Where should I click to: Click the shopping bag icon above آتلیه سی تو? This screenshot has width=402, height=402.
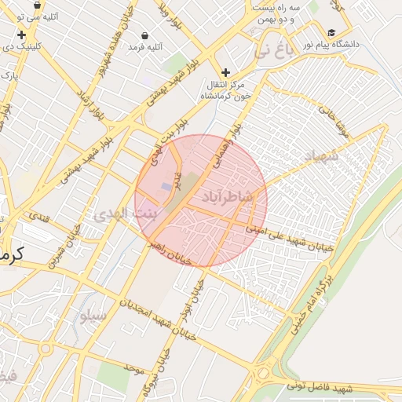(37, 5)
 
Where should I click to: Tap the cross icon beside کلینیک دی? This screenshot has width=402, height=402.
(20, 35)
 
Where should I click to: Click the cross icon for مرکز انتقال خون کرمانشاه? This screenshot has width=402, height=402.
(226, 72)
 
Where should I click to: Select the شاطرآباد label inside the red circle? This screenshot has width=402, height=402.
(227, 197)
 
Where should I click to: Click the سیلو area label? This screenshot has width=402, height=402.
(93, 316)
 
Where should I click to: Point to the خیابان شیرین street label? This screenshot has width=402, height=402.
(66, 250)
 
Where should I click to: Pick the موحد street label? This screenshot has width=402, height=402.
(134, 367)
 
